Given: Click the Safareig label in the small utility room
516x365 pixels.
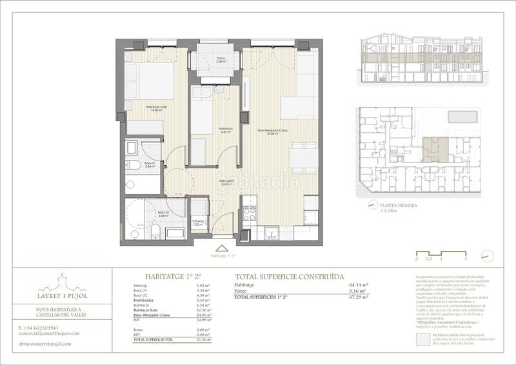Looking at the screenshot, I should click(199, 222).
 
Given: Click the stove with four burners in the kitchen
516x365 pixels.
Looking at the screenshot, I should click(250, 213).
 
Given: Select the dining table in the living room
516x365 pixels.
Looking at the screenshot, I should click(303, 158).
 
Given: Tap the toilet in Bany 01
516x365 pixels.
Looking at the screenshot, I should click(134, 164).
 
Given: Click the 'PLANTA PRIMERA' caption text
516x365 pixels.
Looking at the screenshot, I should click(398, 205).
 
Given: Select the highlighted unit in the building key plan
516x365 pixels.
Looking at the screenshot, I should click(433, 148).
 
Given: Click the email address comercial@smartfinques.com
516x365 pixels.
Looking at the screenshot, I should click(49, 333).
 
